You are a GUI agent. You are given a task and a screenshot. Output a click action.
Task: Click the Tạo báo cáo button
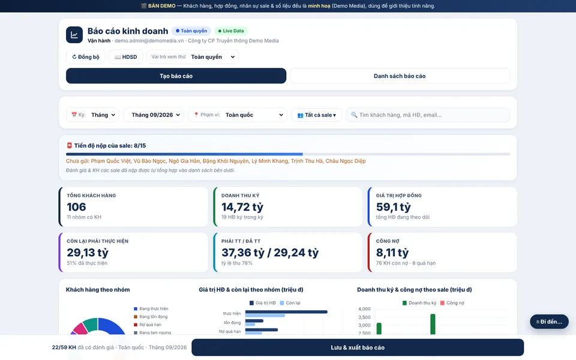tap(176, 76)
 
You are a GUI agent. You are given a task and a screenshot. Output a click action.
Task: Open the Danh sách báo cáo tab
tap(400, 76)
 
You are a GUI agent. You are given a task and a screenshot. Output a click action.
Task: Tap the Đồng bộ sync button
tap(86, 57)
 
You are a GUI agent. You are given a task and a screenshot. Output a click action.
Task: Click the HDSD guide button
tap(125, 57)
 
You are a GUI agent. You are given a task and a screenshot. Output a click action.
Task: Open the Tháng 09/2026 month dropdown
tap(153, 115)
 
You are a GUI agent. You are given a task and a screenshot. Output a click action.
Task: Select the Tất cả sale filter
tap(316, 115)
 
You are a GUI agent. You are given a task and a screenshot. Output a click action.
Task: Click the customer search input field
tap(428, 115)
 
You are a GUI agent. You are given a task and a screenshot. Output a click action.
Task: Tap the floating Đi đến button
tap(549, 322)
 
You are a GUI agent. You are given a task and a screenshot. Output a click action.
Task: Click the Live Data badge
tap(230, 31)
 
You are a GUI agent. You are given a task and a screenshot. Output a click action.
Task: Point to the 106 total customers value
tap(76, 207)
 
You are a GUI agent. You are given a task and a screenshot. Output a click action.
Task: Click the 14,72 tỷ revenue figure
tap(242, 207)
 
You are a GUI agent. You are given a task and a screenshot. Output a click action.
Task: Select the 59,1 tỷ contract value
tap(394, 207)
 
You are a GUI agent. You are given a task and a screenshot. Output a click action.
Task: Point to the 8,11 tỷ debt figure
tap(392, 253)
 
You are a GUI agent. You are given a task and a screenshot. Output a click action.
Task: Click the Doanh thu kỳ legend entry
tap(419, 303)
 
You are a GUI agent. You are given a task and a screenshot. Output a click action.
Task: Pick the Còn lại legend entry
tap(290, 303)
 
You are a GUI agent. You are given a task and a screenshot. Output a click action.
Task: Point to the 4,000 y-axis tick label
tap(364, 309)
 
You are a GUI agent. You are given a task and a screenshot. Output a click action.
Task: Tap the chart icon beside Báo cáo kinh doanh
tap(74, 35)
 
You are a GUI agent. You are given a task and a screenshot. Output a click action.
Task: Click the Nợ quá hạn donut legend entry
tap(148, 325)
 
